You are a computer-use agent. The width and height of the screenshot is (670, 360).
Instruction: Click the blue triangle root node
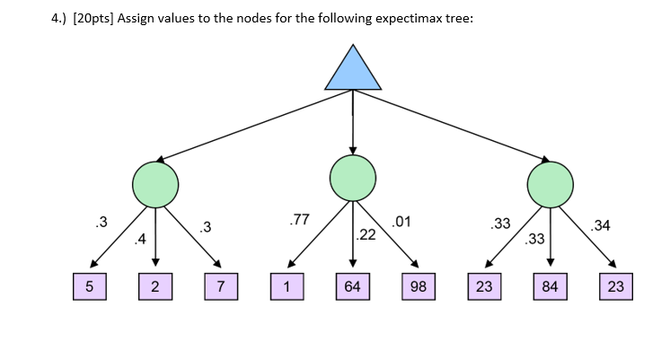pos(353,69)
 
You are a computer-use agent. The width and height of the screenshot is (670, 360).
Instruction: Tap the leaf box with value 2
pos(155,287)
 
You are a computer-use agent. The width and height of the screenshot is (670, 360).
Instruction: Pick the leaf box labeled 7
pos(221,287)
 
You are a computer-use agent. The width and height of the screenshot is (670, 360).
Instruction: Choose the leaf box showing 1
pos(287,287)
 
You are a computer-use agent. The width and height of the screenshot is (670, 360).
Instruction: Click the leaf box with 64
pos(352,287)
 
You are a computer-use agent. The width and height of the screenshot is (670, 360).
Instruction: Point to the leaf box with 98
pos(419,287)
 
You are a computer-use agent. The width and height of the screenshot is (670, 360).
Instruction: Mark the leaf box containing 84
pos(550,287)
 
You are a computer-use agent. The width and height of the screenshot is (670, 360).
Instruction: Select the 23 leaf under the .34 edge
pos(615,287)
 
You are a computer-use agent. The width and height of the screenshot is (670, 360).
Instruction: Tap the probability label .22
pos(366,235)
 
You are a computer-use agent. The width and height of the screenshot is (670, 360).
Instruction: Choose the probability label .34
pos(601,225)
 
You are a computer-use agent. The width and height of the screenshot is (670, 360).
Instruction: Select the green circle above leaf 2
pos(155,184)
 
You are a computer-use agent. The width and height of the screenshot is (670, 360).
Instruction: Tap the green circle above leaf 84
pos(550,184)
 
